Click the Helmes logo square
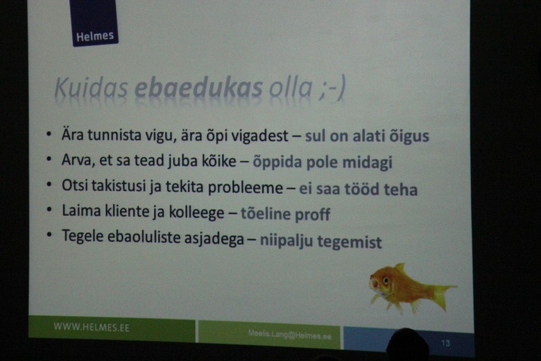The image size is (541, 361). [94, 22]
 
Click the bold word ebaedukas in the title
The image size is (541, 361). [199, 87]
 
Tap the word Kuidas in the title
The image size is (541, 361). [91, 87]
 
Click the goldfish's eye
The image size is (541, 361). [386, 280]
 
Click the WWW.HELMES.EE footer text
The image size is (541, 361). [92, 327]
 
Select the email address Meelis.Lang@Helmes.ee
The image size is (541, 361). [289, 335]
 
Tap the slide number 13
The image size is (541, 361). [445, 343]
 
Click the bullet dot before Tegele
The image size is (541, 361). [49, 235]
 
